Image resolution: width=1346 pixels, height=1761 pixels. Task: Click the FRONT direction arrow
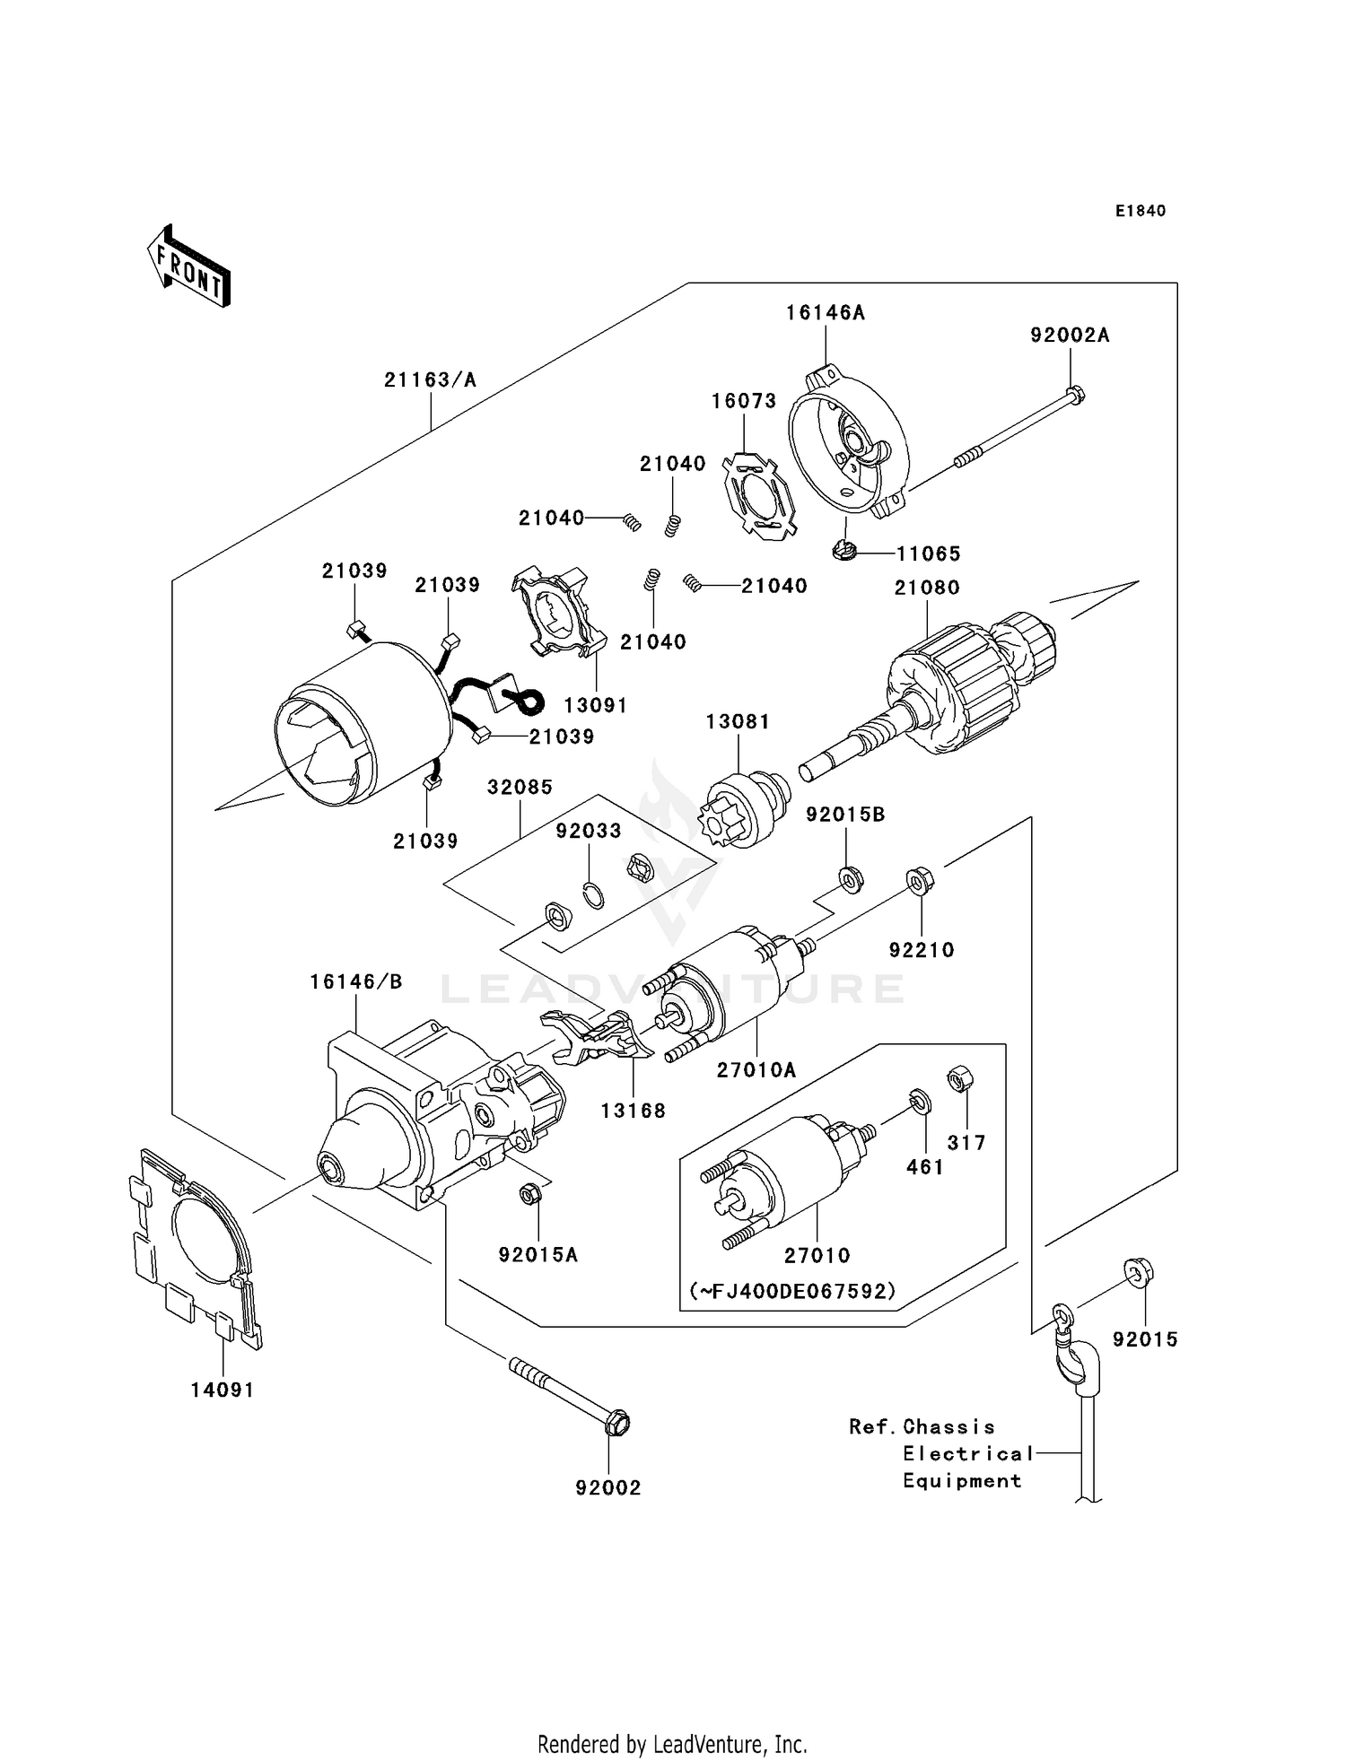point(188,267)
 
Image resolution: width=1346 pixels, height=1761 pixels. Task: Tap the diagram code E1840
point(1140,211)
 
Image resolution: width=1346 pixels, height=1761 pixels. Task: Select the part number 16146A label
point(825,313)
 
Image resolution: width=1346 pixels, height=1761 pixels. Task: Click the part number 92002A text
point(1070,336)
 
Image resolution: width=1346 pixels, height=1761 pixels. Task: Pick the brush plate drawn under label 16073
point(758,498)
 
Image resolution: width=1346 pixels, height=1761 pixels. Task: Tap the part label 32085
point(520,787)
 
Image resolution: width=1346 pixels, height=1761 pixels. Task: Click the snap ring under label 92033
point(591,895)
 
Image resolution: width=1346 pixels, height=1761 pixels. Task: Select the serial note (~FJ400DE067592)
point(793,1291)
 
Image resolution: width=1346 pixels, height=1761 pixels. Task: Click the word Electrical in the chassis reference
point(968,1453)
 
